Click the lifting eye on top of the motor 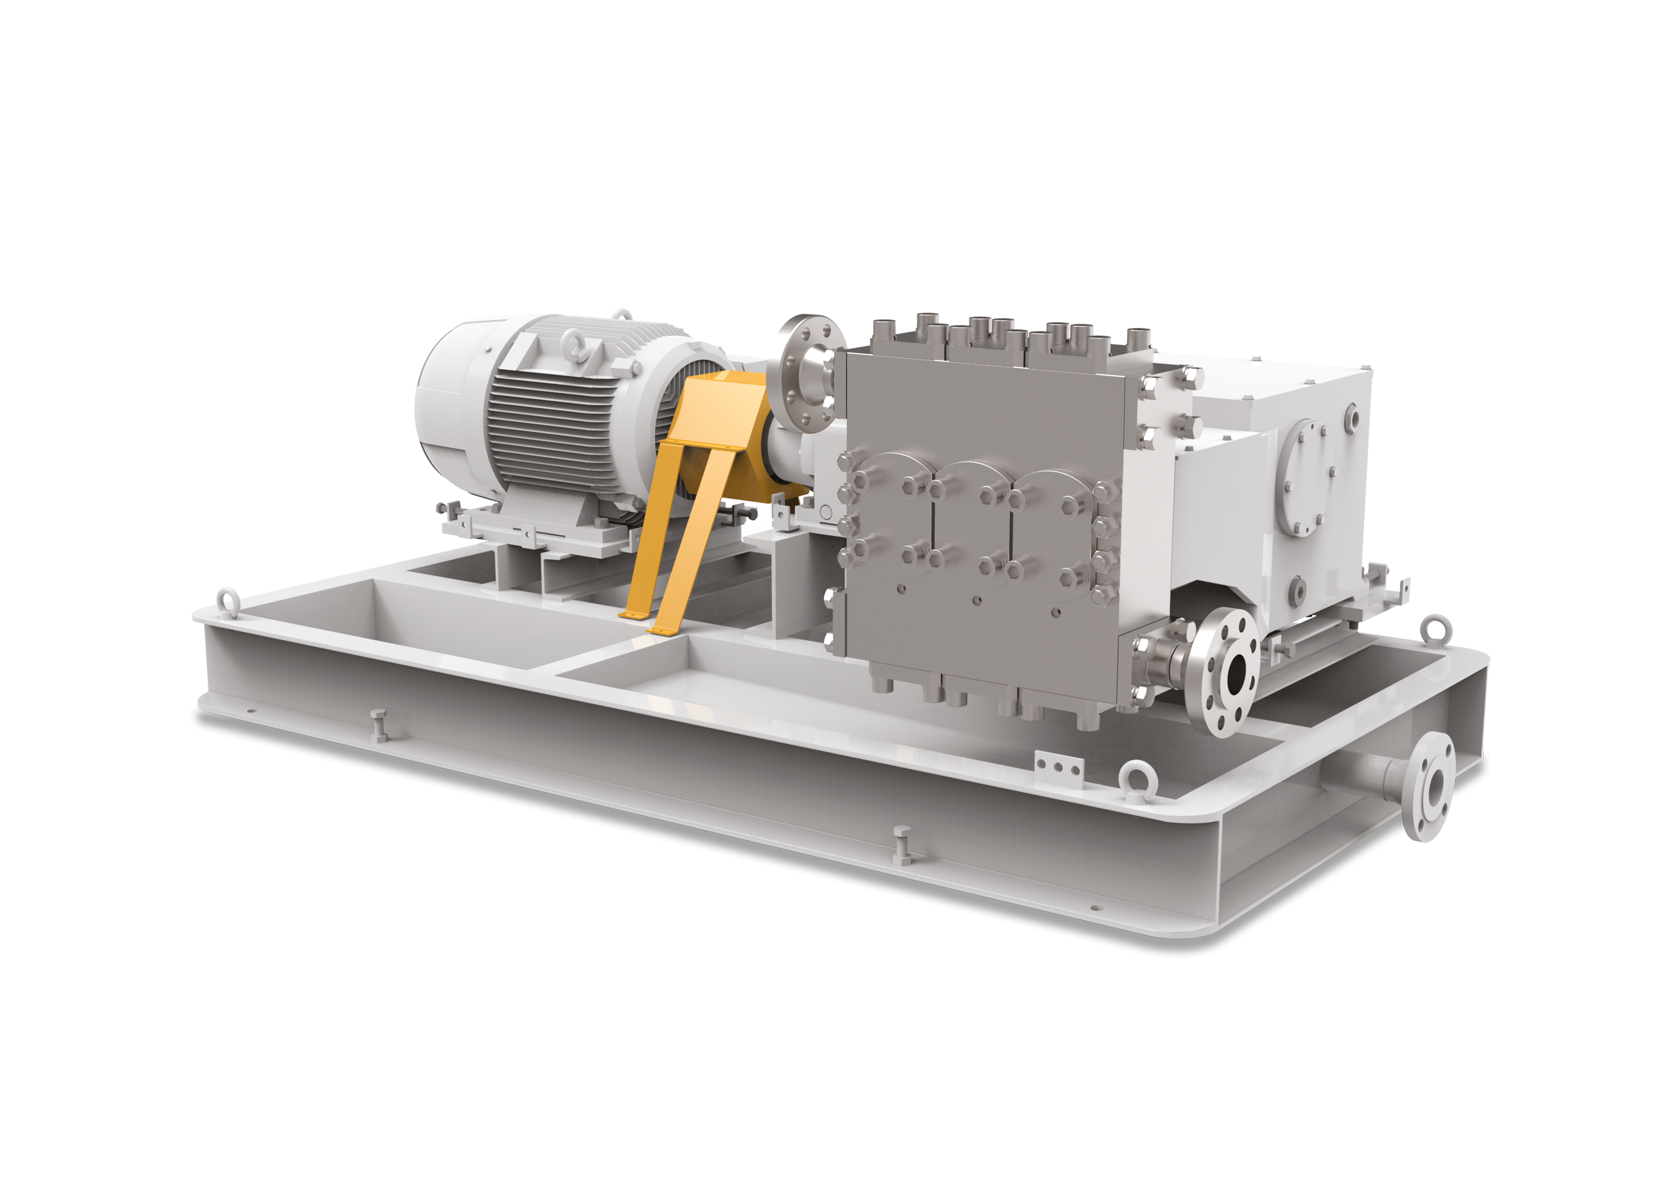tap(571, 346)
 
